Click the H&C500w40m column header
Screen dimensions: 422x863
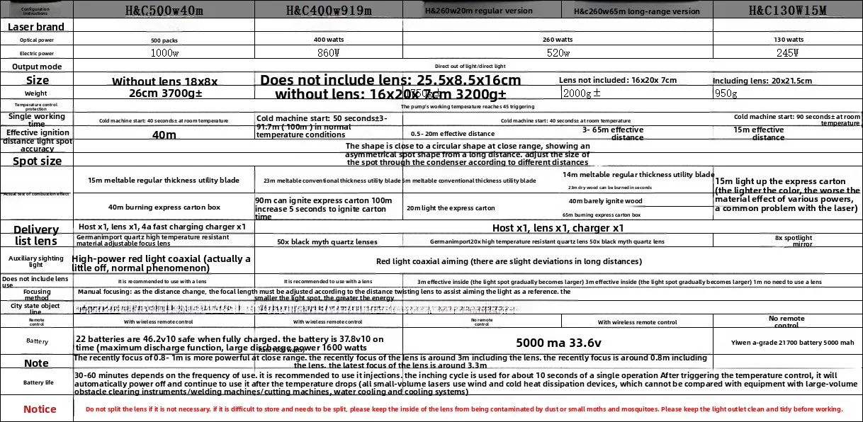pyautogui.click(x=164, y=10)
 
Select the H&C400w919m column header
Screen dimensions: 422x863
pyautogui.click(x=329, y=10)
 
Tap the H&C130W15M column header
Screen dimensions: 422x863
pyautogui.click(x=787, y=10)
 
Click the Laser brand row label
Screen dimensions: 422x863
pyautogui.click(x=36, y=27)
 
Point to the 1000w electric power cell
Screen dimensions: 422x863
pyautogui.click(x=164, y=53)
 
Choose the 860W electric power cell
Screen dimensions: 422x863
pyautogui.click(x=329, y=53)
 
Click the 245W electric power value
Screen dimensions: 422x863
pyautogui.click(x=787, y=53)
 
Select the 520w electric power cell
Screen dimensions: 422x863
pyautogui.click(x=558, y=53)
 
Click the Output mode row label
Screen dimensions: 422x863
pyautogui.click(x=37, y=67)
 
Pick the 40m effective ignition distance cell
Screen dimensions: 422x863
pyautogui.click(x=164, y=135)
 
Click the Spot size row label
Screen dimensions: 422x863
pyautogui.click(x=37, y=161)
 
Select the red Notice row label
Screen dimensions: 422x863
pyautogui.click(x=40, y=409)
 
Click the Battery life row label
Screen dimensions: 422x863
pyautogui.click(x=37, y=382)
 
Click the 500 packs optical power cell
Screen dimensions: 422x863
pyautogui.click(x=164, y=40)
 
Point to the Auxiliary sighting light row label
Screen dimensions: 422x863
pyautogui.click(x=36, y=261)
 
